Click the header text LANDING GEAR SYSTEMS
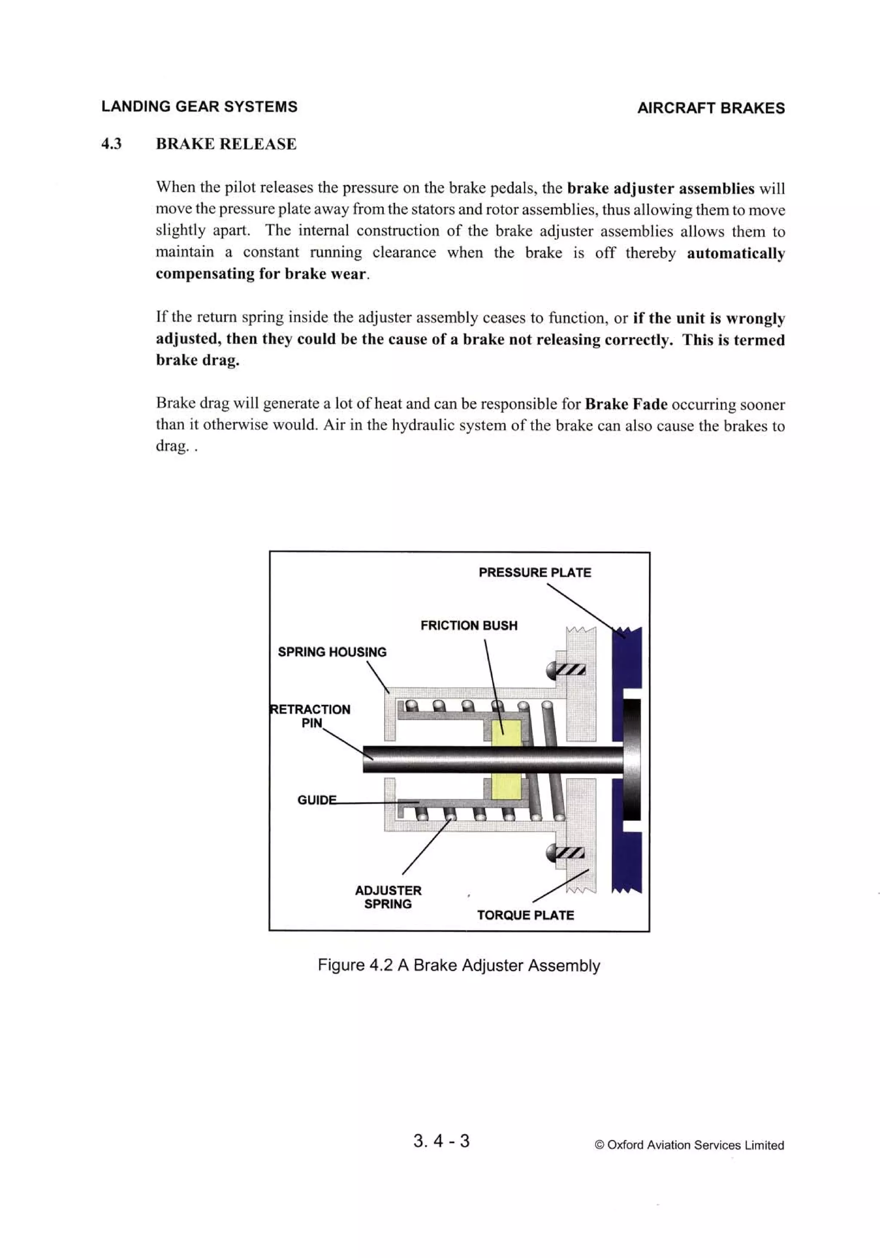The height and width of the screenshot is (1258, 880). pos(199,106)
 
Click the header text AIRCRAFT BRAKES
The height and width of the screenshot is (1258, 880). pos(710,108)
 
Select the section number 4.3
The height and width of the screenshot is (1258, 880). pos(111,144)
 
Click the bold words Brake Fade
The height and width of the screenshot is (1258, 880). pos(626,404)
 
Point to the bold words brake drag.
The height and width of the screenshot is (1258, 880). pos(197,360)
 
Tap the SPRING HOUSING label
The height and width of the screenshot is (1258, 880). pos(332,652)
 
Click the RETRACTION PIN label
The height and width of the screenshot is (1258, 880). pos(311,716)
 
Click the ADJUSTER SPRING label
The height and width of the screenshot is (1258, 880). pos(388,897)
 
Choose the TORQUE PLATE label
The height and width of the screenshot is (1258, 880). pos(525,915)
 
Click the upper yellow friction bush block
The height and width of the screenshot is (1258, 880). pos(506,732)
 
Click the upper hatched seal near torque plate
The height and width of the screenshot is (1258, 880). pos(571,669)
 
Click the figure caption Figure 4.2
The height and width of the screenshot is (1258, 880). pos(458,965)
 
